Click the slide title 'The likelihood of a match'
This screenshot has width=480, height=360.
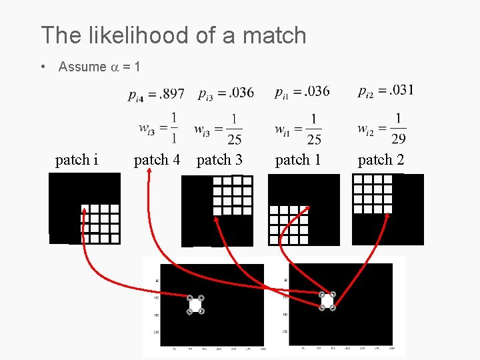[173, 35]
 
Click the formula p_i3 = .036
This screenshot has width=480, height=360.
[226, 93]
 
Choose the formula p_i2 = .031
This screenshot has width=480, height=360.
[385, 90]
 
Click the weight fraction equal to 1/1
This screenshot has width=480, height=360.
[159, 127]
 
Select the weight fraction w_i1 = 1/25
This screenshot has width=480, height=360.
[298, 128]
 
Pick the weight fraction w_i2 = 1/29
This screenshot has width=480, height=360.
[382, 128]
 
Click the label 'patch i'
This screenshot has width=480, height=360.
[77, 160]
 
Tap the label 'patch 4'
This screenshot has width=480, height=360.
[157, 160]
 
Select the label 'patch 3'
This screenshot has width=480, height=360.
[219, 160]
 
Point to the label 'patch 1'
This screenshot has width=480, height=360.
[298, 160]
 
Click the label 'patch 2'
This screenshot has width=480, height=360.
[381, 160]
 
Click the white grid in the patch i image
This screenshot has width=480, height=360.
[99, 223]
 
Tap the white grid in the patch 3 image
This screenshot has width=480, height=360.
[231, 195]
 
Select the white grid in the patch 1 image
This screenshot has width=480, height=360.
[289, 225]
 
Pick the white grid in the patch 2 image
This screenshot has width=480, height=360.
[373, 193]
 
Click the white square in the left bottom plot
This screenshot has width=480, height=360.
[195, 305]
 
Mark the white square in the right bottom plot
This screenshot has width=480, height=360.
[327, 301]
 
